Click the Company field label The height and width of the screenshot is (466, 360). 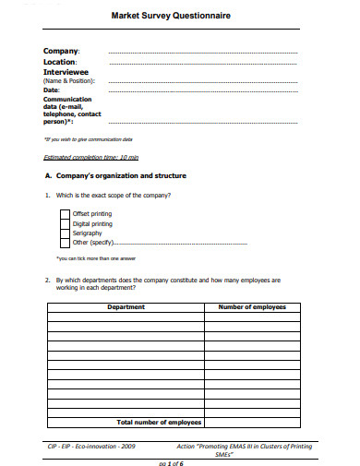pyautogui.click(x=62, y=51)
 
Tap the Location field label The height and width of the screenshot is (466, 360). pyautogui.click(x=62, y=62)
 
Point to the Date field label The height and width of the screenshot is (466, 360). pyautogui.click(x=53, y=90)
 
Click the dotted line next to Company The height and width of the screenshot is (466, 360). pyautogui.click(x=202, y=54)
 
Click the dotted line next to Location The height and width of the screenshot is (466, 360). pyautogui.click(x=202, y=64)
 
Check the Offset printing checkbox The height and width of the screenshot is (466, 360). pyautogui.click(x=65, y=213)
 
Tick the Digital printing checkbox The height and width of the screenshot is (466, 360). pyautogui.click(x=65, y=223)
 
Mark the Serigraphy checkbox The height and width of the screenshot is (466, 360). pyautogui.click(x=65, y=233)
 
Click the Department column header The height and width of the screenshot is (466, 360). pyautogui.click(x=126, y=306)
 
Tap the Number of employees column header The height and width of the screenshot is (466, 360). pyautogui.click(x=251, y=306)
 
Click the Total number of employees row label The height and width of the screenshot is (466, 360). pyautogui.click(x=159, y=422)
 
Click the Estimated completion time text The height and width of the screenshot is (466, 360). pyautogui.click(x=90, y=157)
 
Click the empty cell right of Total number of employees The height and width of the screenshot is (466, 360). pyautogui.click(x=251, y=422)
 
